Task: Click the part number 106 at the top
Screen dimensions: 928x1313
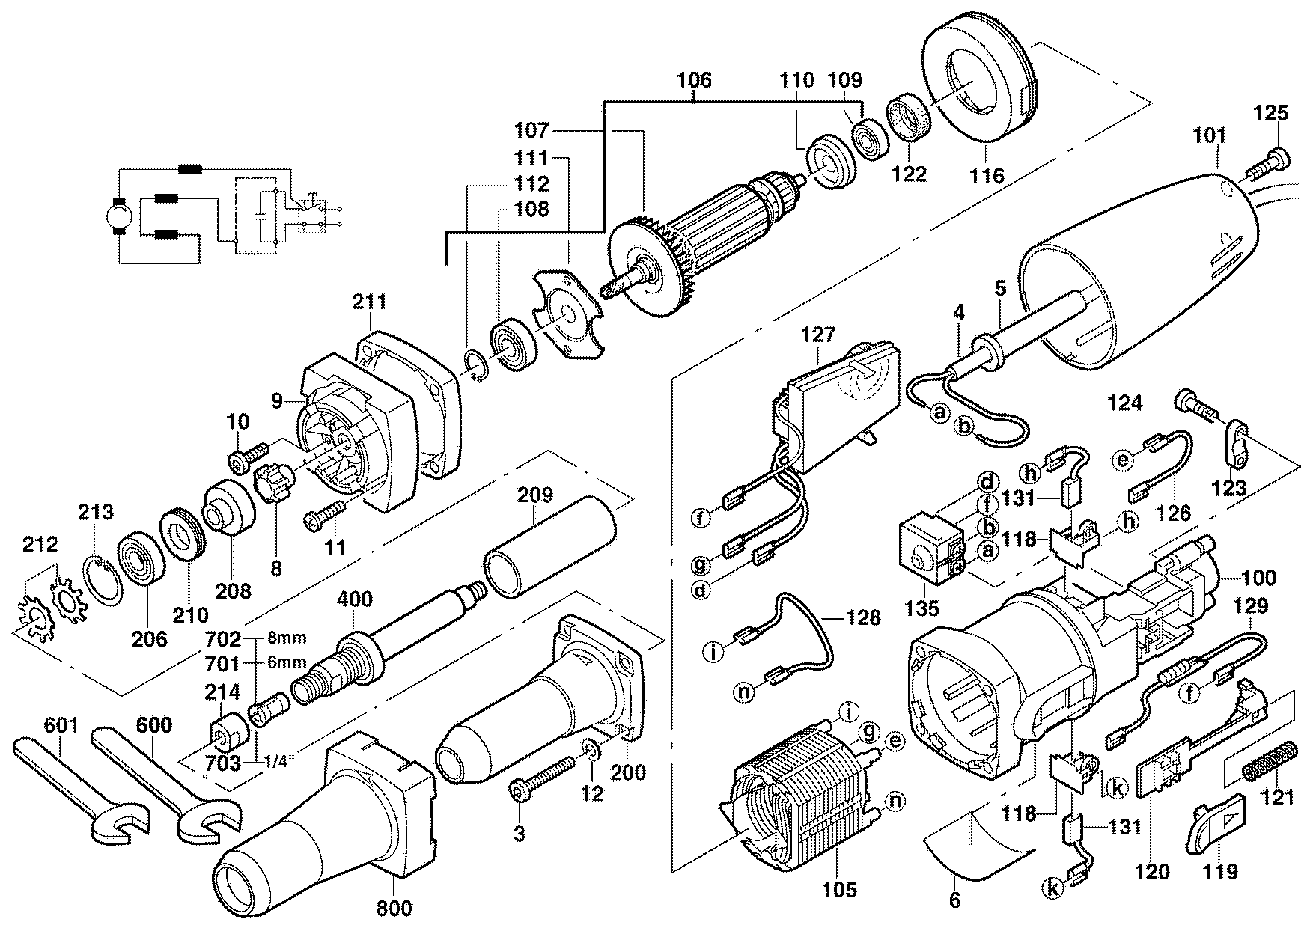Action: coord(695,80)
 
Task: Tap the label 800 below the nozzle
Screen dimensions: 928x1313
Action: coord(394,909)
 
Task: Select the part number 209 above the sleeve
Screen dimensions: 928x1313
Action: coord(534,495)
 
